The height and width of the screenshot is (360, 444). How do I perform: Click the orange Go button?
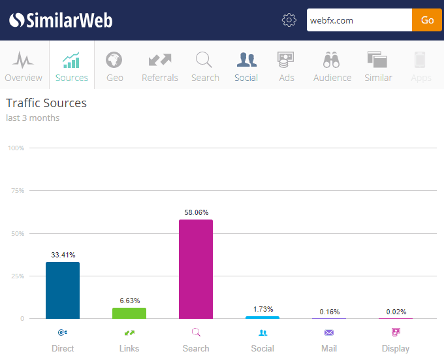pyautogui.click(x=427, y=20)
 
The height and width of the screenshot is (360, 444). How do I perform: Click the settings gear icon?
pyautogui.click(x=289, y=20)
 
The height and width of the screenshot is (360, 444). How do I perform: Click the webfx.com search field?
pyautogui.click(x=359, y=20)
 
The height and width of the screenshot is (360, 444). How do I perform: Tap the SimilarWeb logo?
pyautogui.click(x=61, y=20)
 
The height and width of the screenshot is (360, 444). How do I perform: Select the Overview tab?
pyautogui.click(x=24, y=66)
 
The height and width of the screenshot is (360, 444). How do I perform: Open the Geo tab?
pyautogui.click(x=114, y=66)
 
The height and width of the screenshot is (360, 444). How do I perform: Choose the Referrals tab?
pyautogui.click(x=160, y=66)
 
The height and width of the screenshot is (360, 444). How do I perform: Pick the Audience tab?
pyautogui.click(x=332, y=66)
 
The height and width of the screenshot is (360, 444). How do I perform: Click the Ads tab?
pyautogui.click(x=287, y=66)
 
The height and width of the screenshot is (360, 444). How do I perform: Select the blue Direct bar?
pyautogui.click(x=63, y=290)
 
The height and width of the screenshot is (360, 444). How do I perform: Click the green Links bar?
pyautogui.click(x=129, y=313)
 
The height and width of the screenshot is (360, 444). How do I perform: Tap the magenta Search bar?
pyautogui.click(x=196, y=269)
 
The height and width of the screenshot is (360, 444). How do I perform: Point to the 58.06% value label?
pyautogui.click(x=196, y=212)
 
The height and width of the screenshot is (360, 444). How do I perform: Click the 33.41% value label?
pyautogui.click(x=63, y=255)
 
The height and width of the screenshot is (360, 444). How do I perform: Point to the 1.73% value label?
pyautogui.click(x=262, y=309)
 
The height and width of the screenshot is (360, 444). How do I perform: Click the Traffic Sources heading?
pyautogui.click(x=46, y=103)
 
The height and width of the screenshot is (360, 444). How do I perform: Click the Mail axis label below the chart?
pyautogui.click(x=329, y=348)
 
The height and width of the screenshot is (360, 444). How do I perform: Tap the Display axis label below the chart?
pyautogui.click(x=396, y=348)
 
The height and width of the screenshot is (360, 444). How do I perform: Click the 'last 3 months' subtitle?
pyautogui.click(x=33, y=118)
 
